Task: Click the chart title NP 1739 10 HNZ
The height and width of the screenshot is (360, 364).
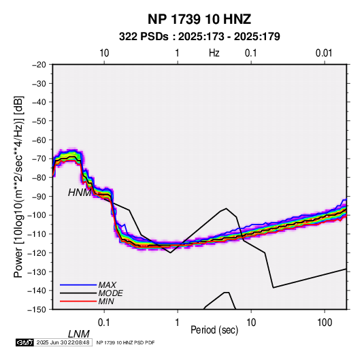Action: click(199, 19)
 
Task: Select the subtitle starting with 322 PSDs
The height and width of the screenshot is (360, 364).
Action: click(199, 37)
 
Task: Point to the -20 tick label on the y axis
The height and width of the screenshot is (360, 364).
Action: click(39, 65)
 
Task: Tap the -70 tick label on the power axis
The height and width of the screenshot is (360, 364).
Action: click(39, 159)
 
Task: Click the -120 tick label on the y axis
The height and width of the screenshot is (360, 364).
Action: click(37, 253)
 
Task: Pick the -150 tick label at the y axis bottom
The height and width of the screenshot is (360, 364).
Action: click(37, 310)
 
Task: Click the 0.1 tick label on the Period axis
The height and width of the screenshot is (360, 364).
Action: click(104, 323)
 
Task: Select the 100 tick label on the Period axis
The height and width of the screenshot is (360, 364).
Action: click(325, 323)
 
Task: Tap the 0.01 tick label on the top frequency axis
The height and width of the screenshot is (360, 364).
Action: click(324, 53)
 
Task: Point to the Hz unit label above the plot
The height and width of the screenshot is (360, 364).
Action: click(214, 53)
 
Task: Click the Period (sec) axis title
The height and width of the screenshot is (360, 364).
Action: click(214, 330)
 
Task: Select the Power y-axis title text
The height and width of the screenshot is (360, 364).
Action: click(18, 187)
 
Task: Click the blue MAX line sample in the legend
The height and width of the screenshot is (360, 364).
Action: click(78, 285)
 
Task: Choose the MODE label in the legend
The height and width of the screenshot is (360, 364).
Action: click(110, 293)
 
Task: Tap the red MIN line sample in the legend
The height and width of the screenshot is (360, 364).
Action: click(78, 301)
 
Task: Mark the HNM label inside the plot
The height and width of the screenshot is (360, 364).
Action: click(80, 193)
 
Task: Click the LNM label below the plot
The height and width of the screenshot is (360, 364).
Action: click(79, 334)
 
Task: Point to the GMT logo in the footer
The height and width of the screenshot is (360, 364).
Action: click(24, 342)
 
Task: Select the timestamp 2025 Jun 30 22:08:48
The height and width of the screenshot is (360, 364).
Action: click(63, 342)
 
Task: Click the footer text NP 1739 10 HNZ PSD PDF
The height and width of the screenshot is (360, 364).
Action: click(125, 342)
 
